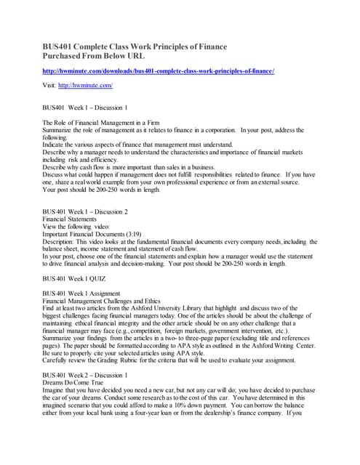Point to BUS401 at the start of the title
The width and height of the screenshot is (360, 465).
tap(59, 46)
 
